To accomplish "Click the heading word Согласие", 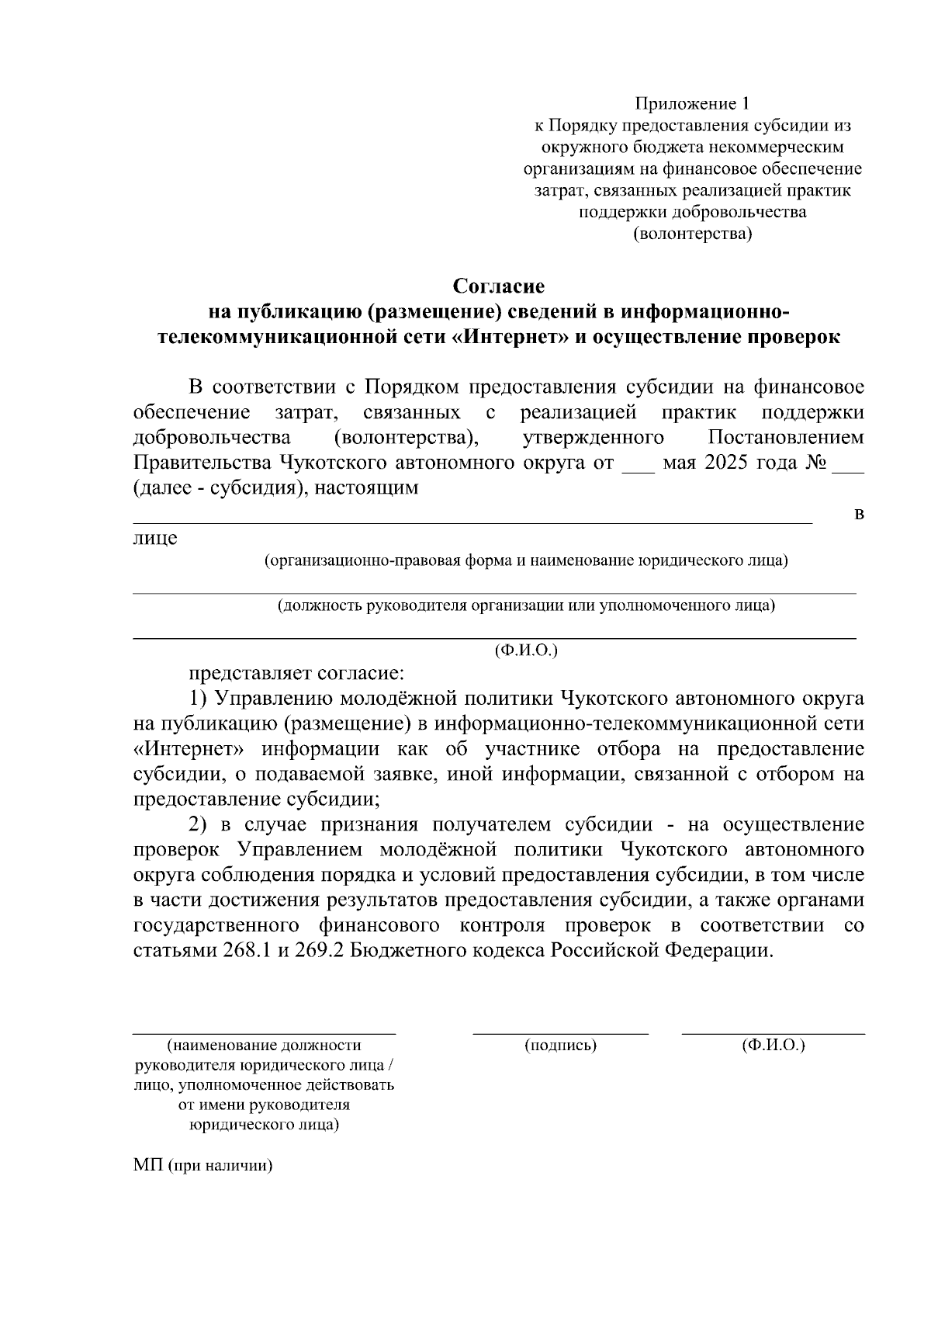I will (x=499, y=286).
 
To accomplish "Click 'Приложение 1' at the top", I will (x=693, y=103).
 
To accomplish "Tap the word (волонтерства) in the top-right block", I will (x=693, y=234).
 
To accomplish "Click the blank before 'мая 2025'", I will (x=639, y=467).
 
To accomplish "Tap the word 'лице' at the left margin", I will (x=155, y=538).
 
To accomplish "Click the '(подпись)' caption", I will (x=560, y=1046).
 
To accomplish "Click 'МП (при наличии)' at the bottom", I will (x=204, y=1166).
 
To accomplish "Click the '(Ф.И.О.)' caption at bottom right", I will (x=773, y=1046).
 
